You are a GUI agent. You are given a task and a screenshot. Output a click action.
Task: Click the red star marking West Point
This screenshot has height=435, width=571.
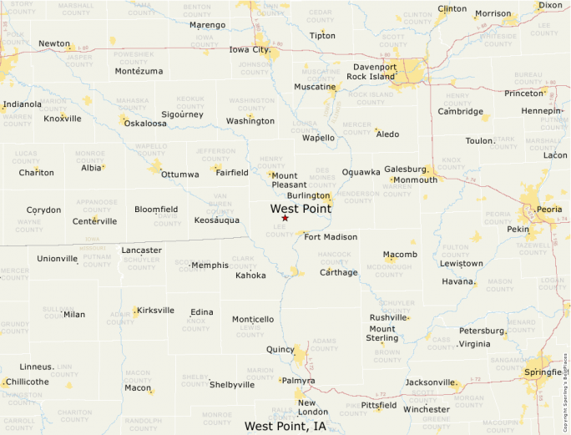[x=285, y=218]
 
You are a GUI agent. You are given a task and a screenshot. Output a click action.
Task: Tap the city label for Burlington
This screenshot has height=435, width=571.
[x=308, y=196]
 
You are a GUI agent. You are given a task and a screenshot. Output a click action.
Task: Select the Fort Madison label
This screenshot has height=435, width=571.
[x=331, y=237]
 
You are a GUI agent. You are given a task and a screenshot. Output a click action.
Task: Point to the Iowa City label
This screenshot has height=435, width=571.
[x=250, y=49]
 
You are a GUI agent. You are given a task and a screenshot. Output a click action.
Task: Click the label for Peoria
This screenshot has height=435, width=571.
[x=549, y=210]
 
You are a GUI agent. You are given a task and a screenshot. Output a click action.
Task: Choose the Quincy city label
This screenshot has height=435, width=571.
[x=280, y=349]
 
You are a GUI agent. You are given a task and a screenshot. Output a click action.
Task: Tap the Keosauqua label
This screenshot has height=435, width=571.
[x=217, y=220]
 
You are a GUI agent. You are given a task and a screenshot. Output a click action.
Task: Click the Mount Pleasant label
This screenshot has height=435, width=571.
[x=285, y=180]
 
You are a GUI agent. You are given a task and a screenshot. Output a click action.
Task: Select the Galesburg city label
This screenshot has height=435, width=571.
[x=405, y=169]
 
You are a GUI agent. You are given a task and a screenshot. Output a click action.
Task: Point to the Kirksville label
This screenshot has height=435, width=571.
[x=155, y=310]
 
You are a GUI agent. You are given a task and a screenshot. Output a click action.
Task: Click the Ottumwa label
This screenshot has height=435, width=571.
[x=180, y=175]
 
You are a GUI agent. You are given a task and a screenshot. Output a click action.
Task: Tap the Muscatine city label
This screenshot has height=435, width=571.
[x=315, y=87]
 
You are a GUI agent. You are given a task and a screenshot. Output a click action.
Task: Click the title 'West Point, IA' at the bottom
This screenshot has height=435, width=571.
[x=285, y=426]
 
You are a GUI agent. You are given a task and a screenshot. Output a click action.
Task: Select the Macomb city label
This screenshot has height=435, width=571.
[x=400, y=255]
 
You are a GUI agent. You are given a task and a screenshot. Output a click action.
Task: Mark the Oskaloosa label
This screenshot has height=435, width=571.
[x=145, y=124]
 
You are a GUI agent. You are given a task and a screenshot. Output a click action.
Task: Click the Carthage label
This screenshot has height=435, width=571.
[x=338, y=272]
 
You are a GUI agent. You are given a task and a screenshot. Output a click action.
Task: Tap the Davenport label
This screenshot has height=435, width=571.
[x=374, y=67]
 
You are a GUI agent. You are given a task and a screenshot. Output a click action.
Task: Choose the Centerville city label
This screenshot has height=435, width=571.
[x=94, y=221]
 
